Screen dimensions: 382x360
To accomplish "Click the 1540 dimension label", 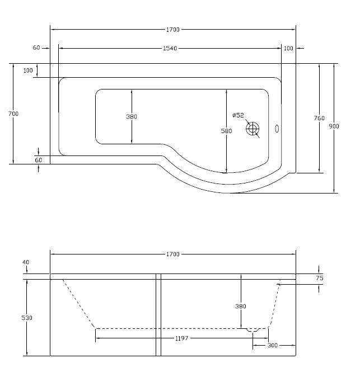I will pyautogui.click(x=170, y=49).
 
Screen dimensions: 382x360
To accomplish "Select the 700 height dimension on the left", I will pyautogui.click(x=14, y=114).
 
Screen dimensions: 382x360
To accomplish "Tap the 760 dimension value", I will pyautogui.click(x=319, y=118).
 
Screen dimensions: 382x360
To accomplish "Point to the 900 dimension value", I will pyautogui.click(x=334, y=126).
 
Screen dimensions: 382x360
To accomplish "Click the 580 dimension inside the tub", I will pyautogui.click(x=226, y=131).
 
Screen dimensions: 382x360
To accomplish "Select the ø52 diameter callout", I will pyautogui.click(x=238, y=115).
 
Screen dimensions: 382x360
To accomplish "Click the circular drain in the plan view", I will pyautogui.click(x=253, y=129).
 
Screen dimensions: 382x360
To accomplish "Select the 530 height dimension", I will pyautogui.click(x=27, y=318).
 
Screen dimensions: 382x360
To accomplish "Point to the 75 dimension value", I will pyautogui.click(x=319, y=278).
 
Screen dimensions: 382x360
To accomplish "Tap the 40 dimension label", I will pyautogui.click(x=27, y=262).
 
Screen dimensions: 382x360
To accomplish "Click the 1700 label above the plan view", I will pyautogui.click(x=172, y=30).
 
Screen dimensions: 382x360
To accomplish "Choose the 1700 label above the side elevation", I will pyautogui.click(x=172, y=254).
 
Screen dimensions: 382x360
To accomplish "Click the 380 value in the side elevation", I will pyautogui.click(x=240, y=306).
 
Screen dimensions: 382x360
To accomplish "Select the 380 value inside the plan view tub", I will pyautogui.click(x=132, y=117).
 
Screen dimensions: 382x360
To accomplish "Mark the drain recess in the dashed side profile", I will pyautogui.click(x=256, y=330).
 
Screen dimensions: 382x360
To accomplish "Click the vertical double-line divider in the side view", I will pyautogui.click(x=158, y=315).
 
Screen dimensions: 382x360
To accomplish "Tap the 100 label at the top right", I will pyautogui.click(x=288, y=49).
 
